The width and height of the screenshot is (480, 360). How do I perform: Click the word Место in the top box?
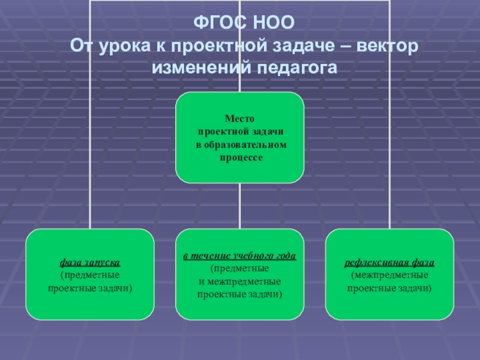239,119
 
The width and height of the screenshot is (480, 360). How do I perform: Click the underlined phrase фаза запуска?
90,263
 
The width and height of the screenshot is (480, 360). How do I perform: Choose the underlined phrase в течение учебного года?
239,257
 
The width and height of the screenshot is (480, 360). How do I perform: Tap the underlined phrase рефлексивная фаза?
389,263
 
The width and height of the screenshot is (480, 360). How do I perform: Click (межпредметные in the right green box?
389,275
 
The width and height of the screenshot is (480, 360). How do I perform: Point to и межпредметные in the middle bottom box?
239,281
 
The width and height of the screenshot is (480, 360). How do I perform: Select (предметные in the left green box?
90,275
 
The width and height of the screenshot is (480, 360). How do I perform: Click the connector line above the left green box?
90,150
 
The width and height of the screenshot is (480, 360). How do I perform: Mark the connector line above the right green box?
389,150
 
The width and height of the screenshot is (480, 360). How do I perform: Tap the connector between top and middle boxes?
239,206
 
